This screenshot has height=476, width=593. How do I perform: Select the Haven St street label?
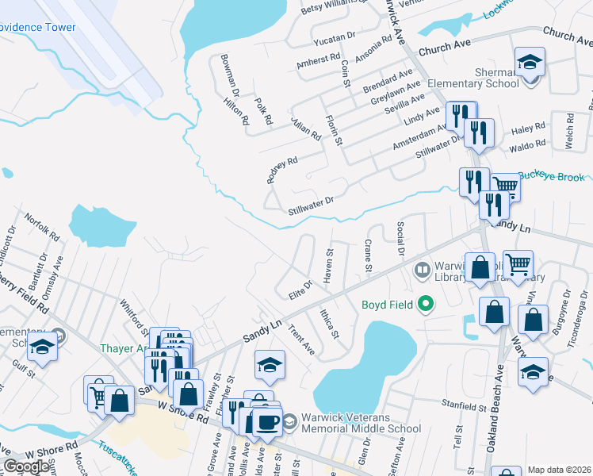328,265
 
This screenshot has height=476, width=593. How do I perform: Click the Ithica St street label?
327,323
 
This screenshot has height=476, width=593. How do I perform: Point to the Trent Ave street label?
301,340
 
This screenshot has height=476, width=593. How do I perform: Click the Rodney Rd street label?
281,170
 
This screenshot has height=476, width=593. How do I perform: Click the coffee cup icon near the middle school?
267,421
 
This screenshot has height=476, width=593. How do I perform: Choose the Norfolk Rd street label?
41,227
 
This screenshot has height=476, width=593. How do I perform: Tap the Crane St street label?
368,255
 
